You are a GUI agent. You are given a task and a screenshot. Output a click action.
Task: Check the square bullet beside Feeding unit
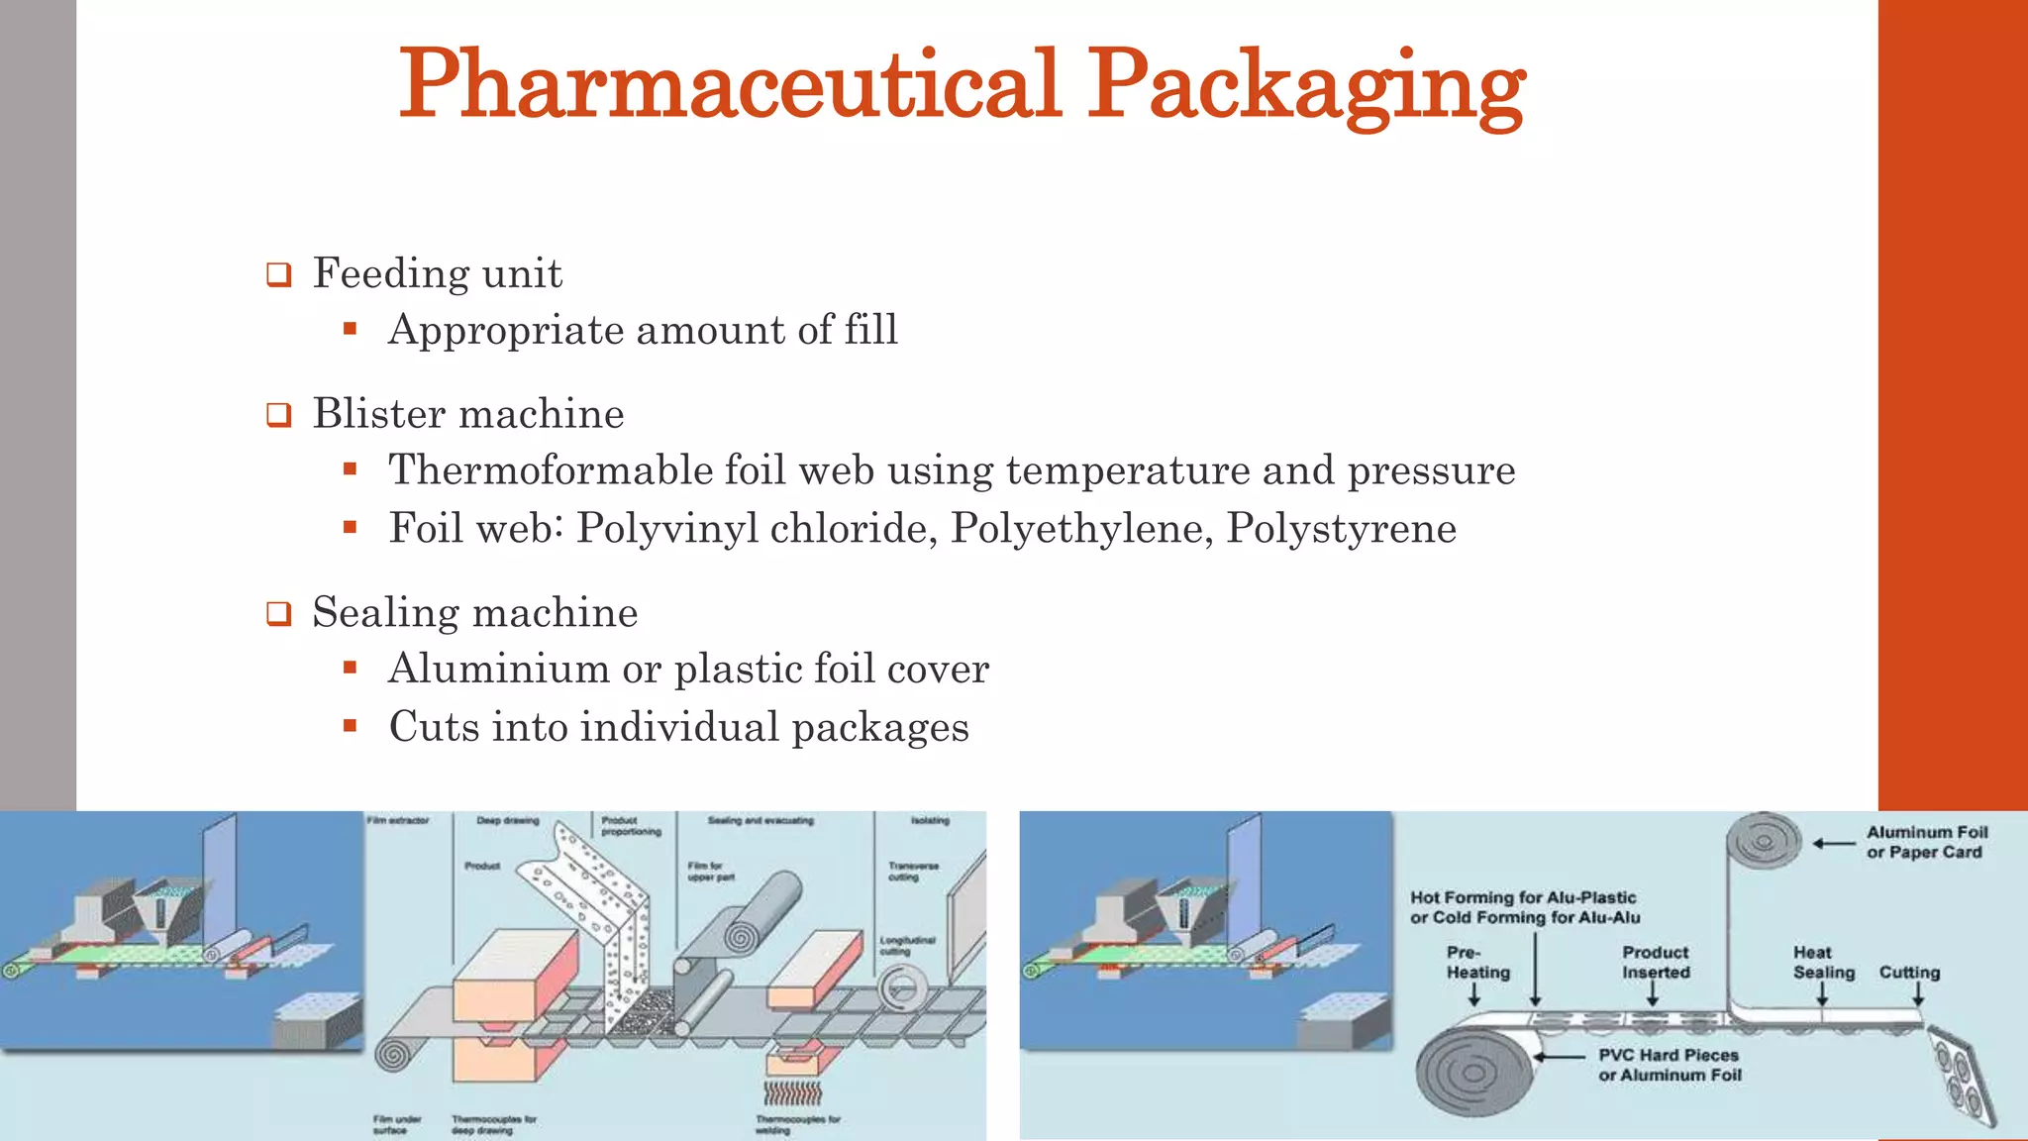click(x=279, y=274)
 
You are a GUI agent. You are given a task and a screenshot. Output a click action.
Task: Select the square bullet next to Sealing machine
click(x=279, y=613)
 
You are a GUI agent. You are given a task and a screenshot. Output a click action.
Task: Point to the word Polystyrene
click(x=1341, y=528)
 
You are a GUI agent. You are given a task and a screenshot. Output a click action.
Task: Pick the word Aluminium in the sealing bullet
click(x=498, y=669)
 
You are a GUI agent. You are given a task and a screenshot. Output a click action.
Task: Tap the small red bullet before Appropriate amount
click(x=350, y=329)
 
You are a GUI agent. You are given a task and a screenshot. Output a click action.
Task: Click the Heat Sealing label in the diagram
click(x=1823, y=962)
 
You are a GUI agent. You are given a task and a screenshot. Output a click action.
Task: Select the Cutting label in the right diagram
click(x=1909, y=972)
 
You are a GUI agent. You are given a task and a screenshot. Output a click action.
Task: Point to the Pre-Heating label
click(x=1477, y=962)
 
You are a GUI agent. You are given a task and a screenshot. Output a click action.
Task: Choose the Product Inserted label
click(x=1655, y=962)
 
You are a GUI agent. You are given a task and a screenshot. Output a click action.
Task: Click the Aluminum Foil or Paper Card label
click(x=1926, y=842)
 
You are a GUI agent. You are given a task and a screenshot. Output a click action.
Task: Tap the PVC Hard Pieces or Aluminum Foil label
click(x=1669, y=1065)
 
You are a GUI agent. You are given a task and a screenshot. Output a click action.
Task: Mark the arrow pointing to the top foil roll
click(x=1834, y=844)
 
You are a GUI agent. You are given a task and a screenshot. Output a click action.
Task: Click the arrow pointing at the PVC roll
click(x=1561, y=1057)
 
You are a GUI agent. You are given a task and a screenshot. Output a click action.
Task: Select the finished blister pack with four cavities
click(x=1961, y=1076)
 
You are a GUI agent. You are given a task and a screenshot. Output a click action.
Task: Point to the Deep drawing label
click(x=508, y=820)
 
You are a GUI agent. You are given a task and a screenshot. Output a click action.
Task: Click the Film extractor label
click(x=398, y=820)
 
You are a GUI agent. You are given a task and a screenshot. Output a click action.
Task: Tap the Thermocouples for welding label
click(x=797, y=1124)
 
